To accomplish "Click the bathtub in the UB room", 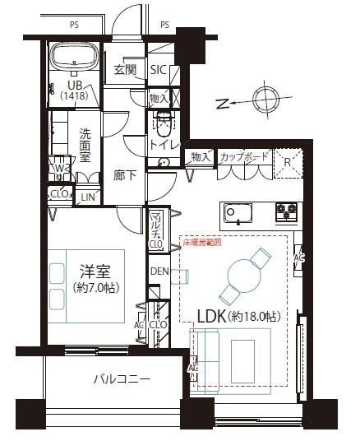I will [74, 58].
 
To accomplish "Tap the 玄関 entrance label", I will [125, 70].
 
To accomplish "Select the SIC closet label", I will [159, 70].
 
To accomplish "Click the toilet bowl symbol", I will [162, 127].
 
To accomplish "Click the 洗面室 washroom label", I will [85, 145].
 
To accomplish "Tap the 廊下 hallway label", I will [125, 175].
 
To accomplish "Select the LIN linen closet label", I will [86, 197].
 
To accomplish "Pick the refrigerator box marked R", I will [287, 161].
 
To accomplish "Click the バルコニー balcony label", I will [121, 380].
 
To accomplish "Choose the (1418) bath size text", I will [73, 96].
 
